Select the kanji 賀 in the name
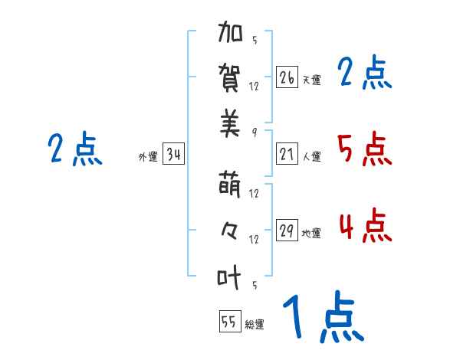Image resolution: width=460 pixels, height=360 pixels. click(x=230, y=78)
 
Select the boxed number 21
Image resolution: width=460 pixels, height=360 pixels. click(x=287, y=155)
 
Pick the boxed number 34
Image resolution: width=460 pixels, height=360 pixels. click(x=174, y=155)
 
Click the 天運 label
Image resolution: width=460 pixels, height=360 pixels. click(x=311, y=79)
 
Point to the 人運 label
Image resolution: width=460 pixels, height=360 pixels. click(x=311, y=157)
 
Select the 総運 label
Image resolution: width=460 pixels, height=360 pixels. click(x=255, y=324)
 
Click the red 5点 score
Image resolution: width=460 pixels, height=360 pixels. click(x=364, y=149)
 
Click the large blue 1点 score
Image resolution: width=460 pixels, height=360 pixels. click(x=322, y=318)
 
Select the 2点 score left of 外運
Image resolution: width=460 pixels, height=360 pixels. click(x=75, y=149)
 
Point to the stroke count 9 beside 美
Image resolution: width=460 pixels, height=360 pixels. click(x=254, y=132)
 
